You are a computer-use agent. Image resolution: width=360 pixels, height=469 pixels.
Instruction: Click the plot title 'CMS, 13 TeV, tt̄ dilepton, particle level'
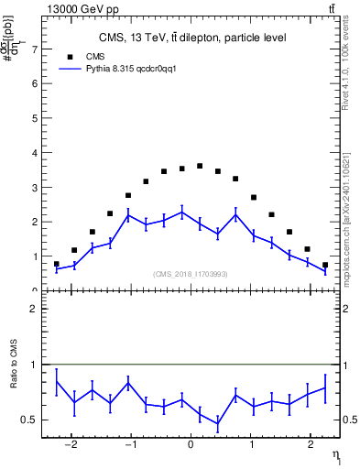click(192, 38)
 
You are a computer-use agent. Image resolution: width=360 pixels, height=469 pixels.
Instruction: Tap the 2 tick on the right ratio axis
click(342, 310)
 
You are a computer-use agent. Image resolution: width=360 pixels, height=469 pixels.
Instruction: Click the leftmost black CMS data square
click(57, 264)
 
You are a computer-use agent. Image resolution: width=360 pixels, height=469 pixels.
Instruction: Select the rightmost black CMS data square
click(325, 265)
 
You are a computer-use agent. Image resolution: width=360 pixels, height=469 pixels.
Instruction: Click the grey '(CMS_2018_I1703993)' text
click(191, 273)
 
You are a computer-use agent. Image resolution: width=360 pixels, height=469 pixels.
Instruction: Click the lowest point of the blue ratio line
click(218, 424)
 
